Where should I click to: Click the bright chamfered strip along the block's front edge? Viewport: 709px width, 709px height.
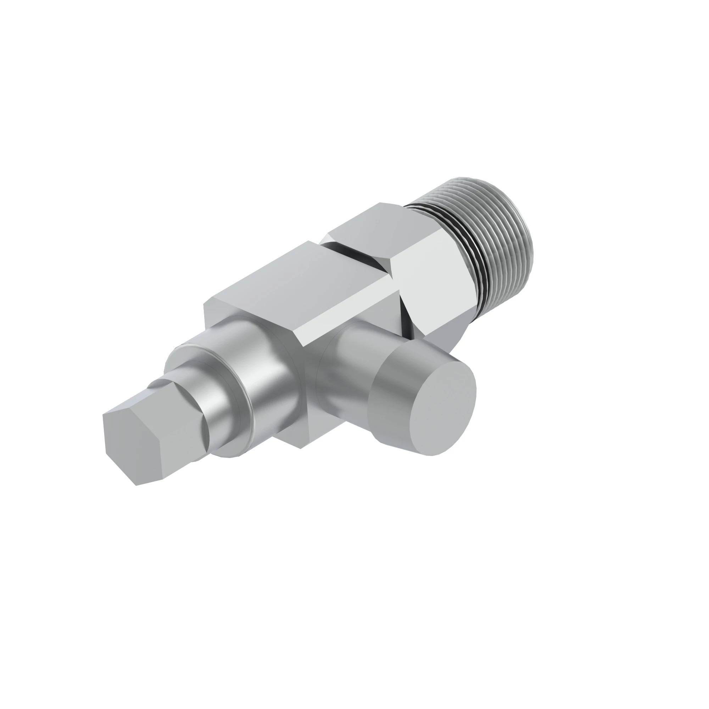[348, 312]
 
